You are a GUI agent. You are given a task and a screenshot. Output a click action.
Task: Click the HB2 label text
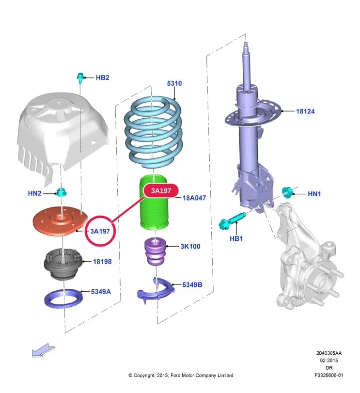102,78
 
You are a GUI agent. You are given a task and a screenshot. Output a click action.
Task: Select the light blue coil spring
153,132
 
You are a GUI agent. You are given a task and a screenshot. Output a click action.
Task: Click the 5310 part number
174,83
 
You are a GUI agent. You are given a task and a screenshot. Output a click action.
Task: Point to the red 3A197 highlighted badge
161,191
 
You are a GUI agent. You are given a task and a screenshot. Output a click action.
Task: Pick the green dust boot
153,202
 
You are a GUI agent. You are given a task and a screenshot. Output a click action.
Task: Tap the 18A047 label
194,198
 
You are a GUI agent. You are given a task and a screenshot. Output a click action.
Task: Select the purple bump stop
156,252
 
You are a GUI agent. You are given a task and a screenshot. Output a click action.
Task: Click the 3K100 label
190,246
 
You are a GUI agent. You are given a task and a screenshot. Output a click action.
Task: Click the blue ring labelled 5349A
63,298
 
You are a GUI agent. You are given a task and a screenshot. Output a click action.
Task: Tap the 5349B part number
192,285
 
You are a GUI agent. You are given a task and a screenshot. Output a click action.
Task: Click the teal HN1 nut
287,192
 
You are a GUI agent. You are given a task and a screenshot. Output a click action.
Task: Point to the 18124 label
305,111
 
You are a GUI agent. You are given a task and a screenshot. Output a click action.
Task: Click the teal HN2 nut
61,192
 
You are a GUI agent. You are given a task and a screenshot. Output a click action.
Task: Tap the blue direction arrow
43,350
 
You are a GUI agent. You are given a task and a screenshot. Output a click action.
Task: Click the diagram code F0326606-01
329,375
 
